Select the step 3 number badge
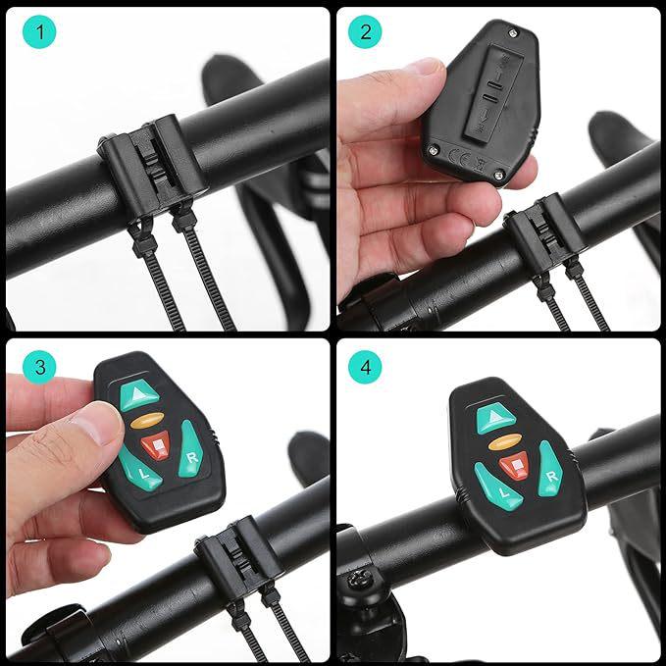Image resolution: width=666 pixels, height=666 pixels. point(39,367)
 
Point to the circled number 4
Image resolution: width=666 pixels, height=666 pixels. point(365,367)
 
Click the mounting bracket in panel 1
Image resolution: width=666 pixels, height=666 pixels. point(151,166)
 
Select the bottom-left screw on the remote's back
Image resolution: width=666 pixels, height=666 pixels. point(433,150)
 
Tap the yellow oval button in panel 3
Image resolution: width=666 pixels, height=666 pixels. point(146,422)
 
